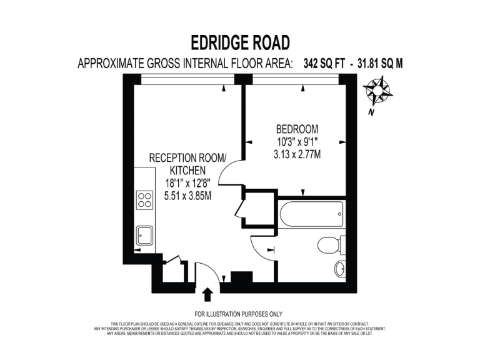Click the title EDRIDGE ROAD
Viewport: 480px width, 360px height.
241,42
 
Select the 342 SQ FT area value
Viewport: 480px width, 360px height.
323,63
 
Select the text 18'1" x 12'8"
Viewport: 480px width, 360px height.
187,183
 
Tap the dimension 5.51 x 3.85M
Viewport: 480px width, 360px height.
187,195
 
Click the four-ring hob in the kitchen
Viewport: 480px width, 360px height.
145,199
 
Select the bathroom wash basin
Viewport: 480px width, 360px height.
339,269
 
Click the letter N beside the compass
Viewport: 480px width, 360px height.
371,112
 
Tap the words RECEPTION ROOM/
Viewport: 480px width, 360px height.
187,159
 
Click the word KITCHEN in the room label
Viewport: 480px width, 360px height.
187,171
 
